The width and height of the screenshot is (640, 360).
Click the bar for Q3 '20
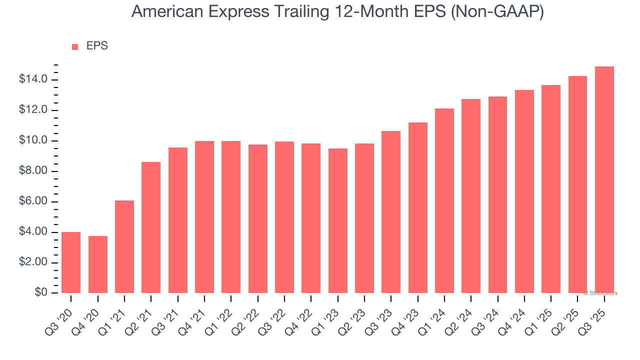pyautogui.click(x=71, y=262)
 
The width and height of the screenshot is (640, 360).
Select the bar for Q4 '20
pyautogui.click(x=98, y=264)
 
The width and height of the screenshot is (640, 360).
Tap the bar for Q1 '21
pyautogui.click(x=124, y=246)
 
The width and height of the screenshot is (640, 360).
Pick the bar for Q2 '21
pyautogui.click(x=151, y=227)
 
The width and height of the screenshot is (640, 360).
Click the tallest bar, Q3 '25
pyautogui.click(x=604, y=180)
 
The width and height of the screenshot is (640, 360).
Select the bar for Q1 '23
pyautogui.click(x=338, y=220)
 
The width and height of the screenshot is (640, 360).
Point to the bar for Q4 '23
pyautogui.click(x=418, y=207)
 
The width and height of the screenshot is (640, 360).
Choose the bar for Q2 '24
pyautogui.click(x=471, y=196)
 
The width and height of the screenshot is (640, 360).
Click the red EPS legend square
pyautogui.click(x=75, y=46)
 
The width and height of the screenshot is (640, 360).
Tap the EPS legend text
pyautogui.click(x=97, y=46)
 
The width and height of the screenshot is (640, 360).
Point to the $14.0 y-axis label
pyautogui.click(x=33, y=79)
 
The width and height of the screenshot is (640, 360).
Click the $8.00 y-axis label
pyautogui.click(x=33, y=171)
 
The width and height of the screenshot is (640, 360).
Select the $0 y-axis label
pyautogui.click(x=41, y=293)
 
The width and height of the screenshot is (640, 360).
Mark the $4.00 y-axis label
pyautogui.click(x=33, y=232)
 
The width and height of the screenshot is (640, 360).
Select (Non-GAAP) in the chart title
pyautogui.click(x=497, y=12)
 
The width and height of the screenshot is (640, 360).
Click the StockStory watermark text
pyautogui.click(x=600, y=293)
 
